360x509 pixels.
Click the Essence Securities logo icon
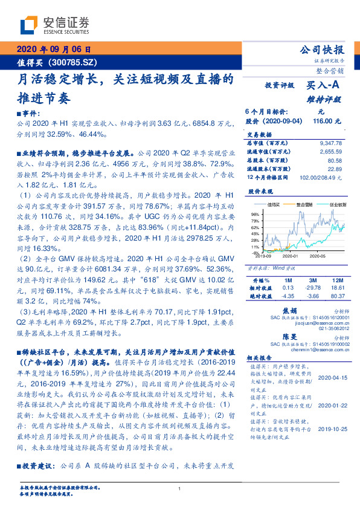point(29,24)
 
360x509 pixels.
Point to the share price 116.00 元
point(327,122)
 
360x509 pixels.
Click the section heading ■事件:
point(28,114)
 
